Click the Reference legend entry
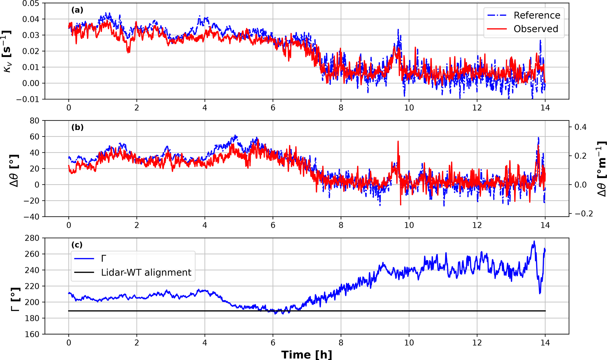point(537,15)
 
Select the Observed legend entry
point(535,29)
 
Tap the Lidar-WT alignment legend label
point(146,272)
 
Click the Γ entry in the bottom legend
point(103,259)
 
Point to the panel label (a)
point(77,10)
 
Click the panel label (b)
point(77,127)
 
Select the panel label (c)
point(77,245)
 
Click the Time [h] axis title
point(306,355)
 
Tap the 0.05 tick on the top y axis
point(30,4)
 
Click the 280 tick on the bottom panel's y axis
point(32,238)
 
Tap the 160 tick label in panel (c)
point(32,334)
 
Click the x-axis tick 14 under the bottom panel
point(545,342)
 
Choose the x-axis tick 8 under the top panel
point(341,108)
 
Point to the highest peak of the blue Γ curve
point(534,241)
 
